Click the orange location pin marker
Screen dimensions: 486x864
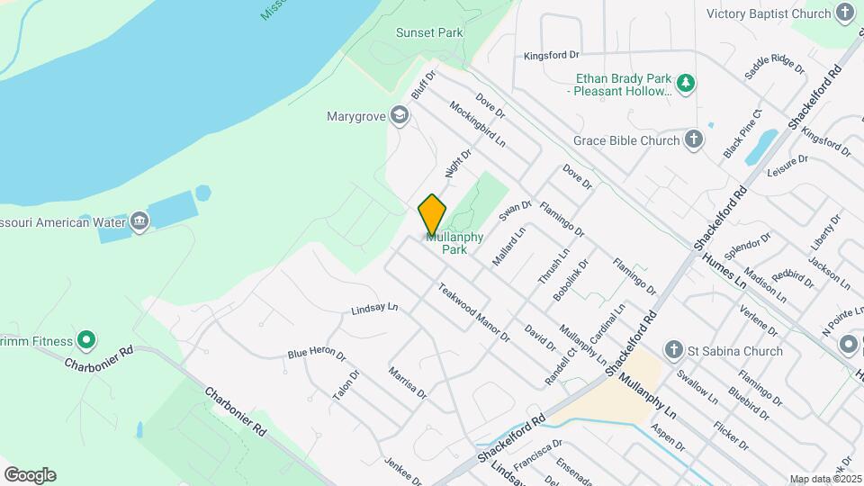pos(432,215)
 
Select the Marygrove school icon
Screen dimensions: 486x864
pos(400,115)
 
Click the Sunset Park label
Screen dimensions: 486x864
pos(429,32)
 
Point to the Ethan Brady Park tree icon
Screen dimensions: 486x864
pos(687,83)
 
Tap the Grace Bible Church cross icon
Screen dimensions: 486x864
pos(693,139)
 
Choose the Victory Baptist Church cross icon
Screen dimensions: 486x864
pos(844,13)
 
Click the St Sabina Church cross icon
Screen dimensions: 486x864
pos(673,350)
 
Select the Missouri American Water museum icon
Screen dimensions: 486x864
pos(139,221)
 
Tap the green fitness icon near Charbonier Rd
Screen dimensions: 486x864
pos(86,339)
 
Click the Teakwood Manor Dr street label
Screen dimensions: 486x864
pos(473,313)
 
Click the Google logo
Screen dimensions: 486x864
pos(30,475)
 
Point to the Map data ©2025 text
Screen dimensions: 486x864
pos(825,479)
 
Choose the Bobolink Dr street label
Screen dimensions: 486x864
pos(571,279)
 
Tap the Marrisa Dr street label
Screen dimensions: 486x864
pos(407,382)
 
